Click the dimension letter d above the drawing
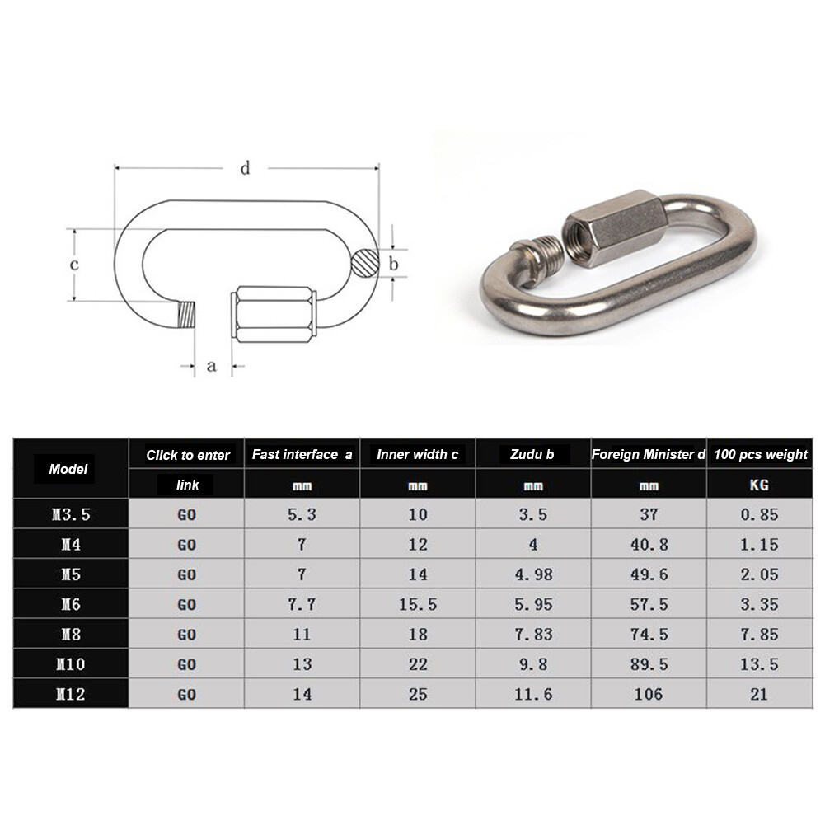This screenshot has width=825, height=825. (x=245, y=169)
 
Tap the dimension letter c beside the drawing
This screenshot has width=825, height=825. (x=73, y=265)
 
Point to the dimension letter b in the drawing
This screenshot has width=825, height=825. (x=394, y=264)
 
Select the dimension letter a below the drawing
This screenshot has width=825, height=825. (x=211, y=365)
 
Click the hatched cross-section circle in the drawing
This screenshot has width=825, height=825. (x=364, y=264)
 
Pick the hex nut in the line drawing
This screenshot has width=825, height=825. (x=275, y=314)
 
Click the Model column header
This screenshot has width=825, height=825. (x=68, y=469)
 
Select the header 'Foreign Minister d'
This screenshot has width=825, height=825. (x=649, y=454)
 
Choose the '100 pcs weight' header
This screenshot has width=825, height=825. (x=761, y=454)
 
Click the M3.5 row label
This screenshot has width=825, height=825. (x=70, y=514)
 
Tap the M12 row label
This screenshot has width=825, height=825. (x=70, y=694)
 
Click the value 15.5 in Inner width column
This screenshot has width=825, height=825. (x=418, y=604)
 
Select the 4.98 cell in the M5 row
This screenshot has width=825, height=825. (x=533, y=574)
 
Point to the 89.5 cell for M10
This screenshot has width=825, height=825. (x=649, y=664)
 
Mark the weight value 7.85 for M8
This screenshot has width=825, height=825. (x=759, y=635)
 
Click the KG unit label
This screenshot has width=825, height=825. (x=759, y=485)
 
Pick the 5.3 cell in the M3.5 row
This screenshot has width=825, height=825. (x=302, y=514)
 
